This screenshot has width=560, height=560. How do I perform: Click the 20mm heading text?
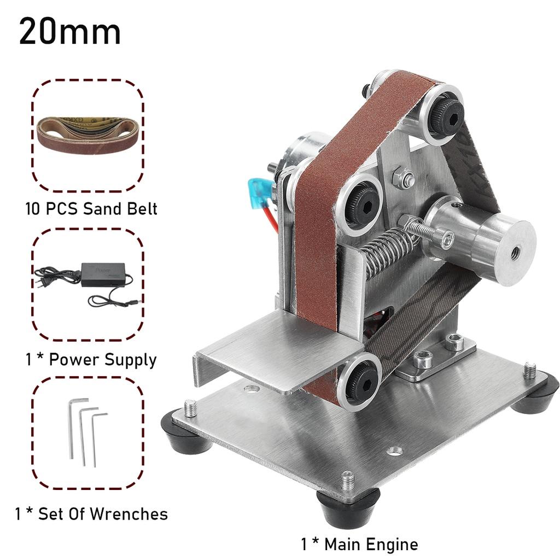pos(70,32)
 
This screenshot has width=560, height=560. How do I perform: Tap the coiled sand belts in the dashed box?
pos(89,136)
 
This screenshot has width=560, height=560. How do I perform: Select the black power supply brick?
pos(103,275)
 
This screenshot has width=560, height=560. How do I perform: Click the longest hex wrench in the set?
pos(73,429)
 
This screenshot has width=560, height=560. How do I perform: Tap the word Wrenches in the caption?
pos(129,514)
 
